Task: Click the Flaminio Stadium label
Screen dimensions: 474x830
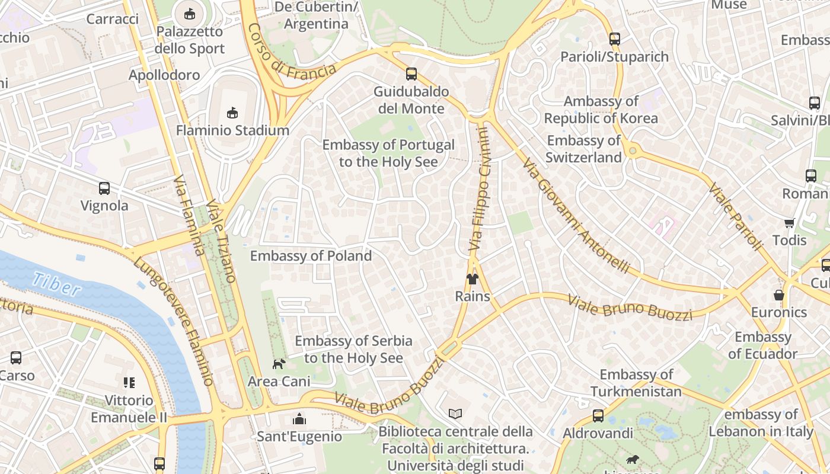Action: coord(232,130)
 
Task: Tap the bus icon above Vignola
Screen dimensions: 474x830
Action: coord(104,188)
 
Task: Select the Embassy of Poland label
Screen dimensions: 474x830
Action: coord(311,256)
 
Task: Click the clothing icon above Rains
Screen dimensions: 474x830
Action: coord(472,279)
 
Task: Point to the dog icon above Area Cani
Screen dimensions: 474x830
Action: coord(279,364)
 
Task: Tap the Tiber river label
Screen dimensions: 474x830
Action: coord(56,284)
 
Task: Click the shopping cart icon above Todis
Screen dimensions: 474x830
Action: coord(789,223)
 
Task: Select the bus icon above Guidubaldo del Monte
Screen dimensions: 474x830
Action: coord(411,74)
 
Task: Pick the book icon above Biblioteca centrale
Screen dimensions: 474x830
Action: coord(455,414)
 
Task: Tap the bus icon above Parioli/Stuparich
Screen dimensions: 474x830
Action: coord(615,39)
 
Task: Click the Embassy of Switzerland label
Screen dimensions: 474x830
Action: coord(583,149)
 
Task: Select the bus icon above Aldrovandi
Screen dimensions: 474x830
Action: coord(598,416)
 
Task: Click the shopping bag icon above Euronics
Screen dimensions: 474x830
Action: coord(779,295)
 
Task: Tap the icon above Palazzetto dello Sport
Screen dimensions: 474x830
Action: coord(189,13)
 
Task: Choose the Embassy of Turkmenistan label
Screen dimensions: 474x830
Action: coord(636,383)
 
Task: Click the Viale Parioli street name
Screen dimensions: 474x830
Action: coord(735,216)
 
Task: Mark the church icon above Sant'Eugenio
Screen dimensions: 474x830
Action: coord(299,419)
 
